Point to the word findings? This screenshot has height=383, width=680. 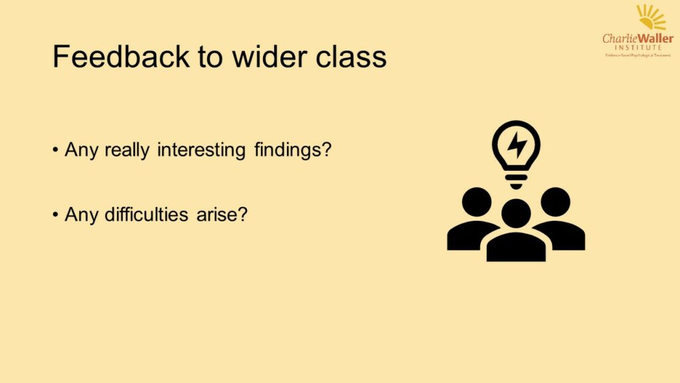[x=292, y=150]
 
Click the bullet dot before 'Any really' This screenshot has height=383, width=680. [x=56, y=150]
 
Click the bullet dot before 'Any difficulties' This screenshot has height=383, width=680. [x=56, y=216]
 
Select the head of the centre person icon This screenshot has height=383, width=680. [x=516, y=213]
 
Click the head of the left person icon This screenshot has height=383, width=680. [x=477, y=201]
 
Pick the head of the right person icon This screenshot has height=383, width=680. [x=555, y=201]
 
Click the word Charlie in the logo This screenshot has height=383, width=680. [x=618, y=39]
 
